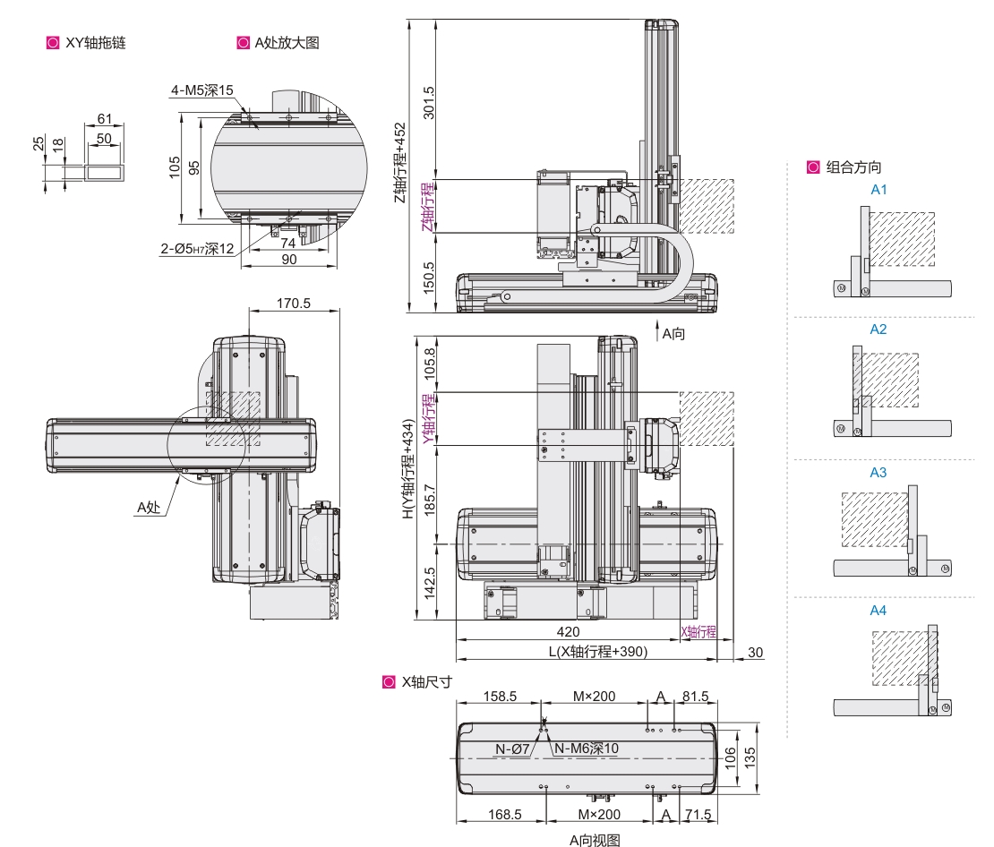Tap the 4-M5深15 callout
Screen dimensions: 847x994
(x=202, y=90)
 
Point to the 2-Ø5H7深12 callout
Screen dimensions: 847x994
(x=197, y=248)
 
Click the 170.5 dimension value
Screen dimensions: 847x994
(x=294, y=304)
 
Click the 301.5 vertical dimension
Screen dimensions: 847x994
(x=428, y=103)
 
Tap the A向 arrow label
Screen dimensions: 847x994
(x=673, y=334)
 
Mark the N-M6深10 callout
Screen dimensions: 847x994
(x=587, y=749)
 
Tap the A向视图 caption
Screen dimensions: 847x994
(x=595, y=839)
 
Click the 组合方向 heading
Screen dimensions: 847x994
(x=853, y=167)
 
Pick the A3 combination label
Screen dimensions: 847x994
(x=878, y=472)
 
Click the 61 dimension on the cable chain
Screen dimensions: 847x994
(x=105, y=119)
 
